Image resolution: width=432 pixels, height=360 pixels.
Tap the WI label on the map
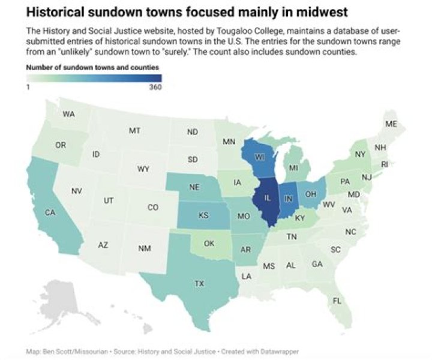[259, 157]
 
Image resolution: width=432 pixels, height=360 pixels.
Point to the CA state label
[50, 212]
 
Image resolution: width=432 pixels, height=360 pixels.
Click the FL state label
[337, 301]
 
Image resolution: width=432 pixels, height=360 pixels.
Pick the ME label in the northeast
[391, 124]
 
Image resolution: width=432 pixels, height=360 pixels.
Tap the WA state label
[68, 114]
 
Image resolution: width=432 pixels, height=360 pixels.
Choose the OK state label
[209, 244]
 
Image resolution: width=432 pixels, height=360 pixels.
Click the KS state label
[203, 215]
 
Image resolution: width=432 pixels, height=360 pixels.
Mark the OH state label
[310, 194]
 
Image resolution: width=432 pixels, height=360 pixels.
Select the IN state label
[288, 199]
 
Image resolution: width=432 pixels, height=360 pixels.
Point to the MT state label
[134, 130]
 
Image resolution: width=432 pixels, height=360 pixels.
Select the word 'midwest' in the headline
[325, 11]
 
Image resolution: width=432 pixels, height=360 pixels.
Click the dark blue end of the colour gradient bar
[157, 77]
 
